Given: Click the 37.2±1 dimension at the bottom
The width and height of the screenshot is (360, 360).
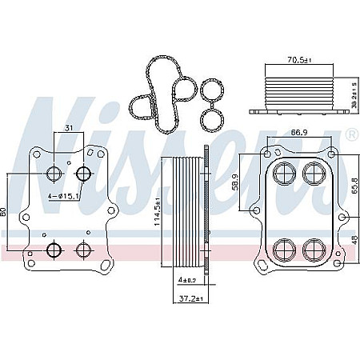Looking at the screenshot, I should pos(190,298).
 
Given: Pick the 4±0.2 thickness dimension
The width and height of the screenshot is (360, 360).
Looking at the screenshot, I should pos(189,281).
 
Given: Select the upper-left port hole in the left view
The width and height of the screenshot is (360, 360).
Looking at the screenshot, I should pos(55,174).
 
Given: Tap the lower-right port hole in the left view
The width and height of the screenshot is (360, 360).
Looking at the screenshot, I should pos(82,250).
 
